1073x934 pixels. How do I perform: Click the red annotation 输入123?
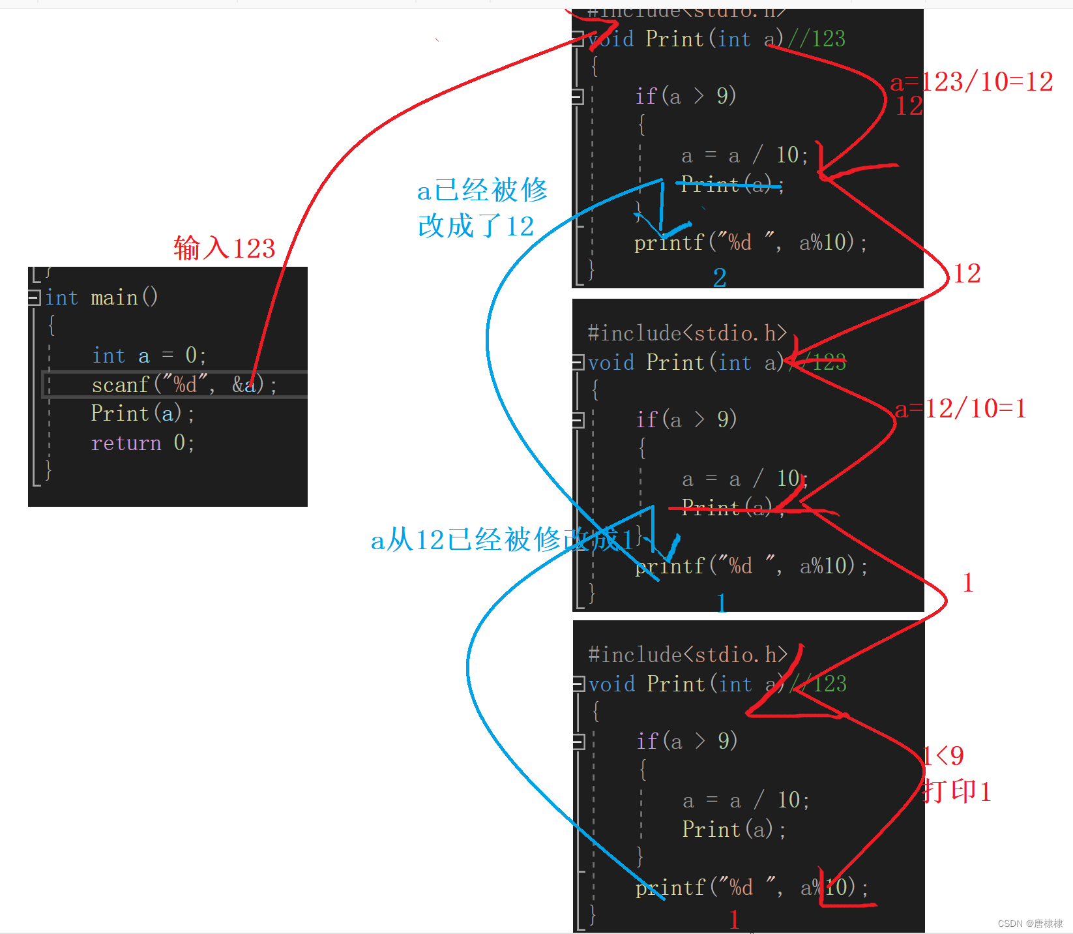(x=224, y=249)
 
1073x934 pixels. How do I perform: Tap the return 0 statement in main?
(x=143, y=443)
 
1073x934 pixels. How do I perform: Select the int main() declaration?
(x=102, y=297)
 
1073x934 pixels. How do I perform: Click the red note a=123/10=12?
(x=971, y=82)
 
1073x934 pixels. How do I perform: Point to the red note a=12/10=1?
(x=960, y=409)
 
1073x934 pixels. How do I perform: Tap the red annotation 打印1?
(x=957, y=792)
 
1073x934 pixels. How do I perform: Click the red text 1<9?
(x=944, y=756)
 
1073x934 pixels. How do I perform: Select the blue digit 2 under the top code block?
(x=720, y=278)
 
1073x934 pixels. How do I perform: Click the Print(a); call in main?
(x=142, y=414)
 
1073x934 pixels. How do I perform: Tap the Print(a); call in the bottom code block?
(x=733, y=830)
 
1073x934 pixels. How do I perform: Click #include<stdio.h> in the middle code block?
(x=687, y=333)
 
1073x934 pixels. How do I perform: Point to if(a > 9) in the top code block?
(x=686, y=96)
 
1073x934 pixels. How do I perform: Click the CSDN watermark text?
(x=1030, y=924)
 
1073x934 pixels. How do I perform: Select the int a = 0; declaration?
(x=149, y=355)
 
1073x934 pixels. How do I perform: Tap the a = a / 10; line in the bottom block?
(x=746, y=800)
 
